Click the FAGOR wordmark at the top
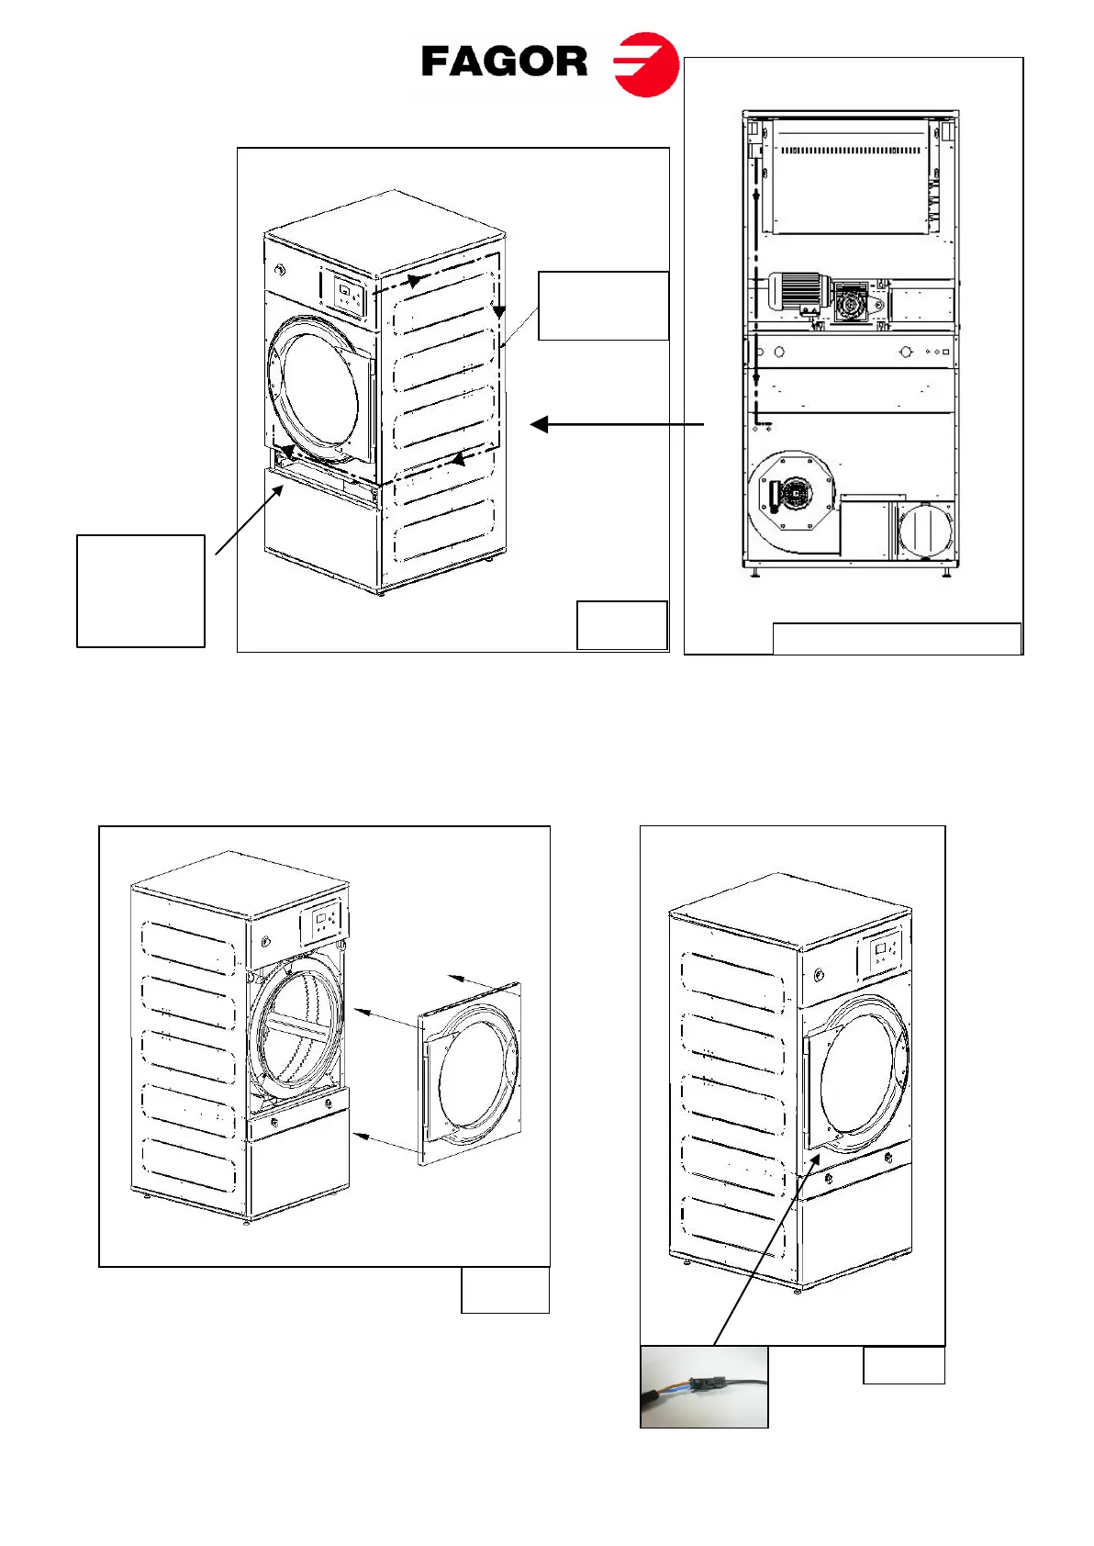[x=504, y=62]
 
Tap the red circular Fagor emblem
[x=646, y=64]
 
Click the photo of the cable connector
[x=704, y=1386]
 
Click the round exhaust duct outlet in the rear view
[x=925, y=530]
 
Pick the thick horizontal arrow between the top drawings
[x=617, y=424]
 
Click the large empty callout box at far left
[x=140, y=591]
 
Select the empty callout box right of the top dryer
[x=603, y=306]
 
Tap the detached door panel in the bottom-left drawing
[x=469, y=1073]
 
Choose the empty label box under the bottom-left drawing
[x=505, y=1290]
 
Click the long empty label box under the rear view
[x=897, y=639]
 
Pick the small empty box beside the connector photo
[x=903, y=1365]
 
